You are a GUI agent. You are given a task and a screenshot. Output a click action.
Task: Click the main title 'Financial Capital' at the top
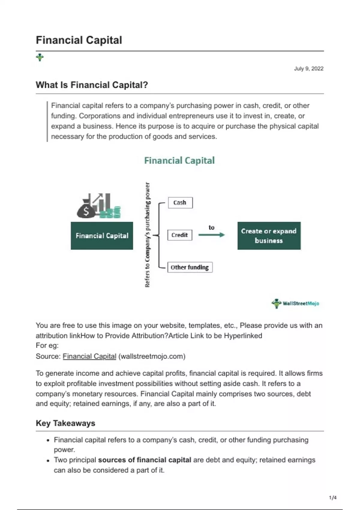[79, 40]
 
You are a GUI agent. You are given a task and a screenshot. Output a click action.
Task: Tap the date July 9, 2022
[308, 69]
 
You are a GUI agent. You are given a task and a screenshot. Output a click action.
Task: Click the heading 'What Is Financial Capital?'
[92, 85]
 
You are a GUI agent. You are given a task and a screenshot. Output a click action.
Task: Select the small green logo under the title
[40, 57]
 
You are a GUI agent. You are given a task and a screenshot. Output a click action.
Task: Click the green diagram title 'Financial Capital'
[179, 160]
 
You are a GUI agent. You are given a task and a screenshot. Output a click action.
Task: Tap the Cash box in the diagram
[180, 202]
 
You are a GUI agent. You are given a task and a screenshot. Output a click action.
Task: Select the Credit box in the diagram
[179, 235]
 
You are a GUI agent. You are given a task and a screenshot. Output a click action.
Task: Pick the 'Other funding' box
[190, 267]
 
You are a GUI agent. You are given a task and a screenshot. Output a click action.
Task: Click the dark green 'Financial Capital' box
[102, 236]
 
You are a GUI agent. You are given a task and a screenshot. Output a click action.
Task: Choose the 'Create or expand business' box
[269, 236]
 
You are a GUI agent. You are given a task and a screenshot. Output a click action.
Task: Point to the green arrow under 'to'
[211, 235]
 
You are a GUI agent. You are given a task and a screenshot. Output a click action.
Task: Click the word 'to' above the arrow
[211, 227]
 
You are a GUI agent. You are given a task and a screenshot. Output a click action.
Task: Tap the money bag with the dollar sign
[86, 210]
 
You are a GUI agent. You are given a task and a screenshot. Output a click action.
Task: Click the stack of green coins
[110, 213]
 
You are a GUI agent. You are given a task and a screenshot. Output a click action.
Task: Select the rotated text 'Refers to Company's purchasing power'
[147, 235]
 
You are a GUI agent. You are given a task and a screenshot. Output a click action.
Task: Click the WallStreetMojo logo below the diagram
[295, 303]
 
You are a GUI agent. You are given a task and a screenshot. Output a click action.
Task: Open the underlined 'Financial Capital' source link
[89, 356]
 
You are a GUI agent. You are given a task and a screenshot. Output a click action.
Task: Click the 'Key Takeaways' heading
[65, 423]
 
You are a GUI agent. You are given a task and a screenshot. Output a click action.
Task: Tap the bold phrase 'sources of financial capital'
[145, 460]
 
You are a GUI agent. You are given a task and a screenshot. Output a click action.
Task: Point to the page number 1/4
[333, 498]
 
